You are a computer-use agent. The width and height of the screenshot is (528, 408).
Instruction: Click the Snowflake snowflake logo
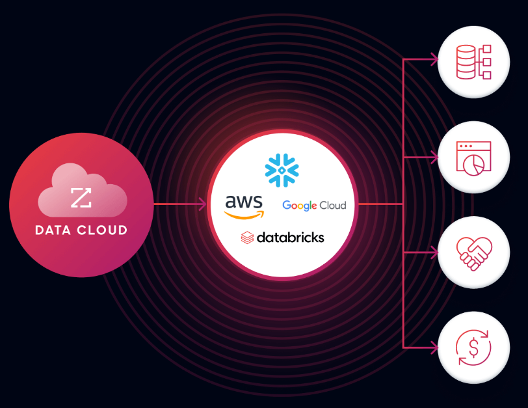pyautogui.click(x=281, y=170)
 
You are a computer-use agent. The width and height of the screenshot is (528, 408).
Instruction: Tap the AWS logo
pyautogui.click(x=244, y=206)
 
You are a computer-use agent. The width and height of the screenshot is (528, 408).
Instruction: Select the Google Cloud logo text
pyautogui.click(x=314, y=206)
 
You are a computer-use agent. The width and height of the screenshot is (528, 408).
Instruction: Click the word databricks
pyautogui.click(x=290, y=238)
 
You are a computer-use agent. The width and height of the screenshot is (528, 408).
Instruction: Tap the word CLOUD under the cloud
pyautogui.click(x=102, y=230)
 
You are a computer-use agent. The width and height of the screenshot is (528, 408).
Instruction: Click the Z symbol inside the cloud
pyautogui.click(x=81, y=197)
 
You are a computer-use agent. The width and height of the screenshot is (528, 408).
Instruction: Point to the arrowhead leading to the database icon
pyautogui.click(x=434, y=60)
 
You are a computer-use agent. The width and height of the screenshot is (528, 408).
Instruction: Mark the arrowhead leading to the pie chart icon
pyautogui.click(x=434, y=157)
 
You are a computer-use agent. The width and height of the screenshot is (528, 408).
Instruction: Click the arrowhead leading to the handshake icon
pyautogui.click(x=434, y=252)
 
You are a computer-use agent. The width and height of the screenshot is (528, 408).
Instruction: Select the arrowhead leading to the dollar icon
pyautogui.click(x=434, y=346)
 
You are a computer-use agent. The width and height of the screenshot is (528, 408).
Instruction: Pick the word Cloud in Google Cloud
pyautogui.click(x=332, y=206)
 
